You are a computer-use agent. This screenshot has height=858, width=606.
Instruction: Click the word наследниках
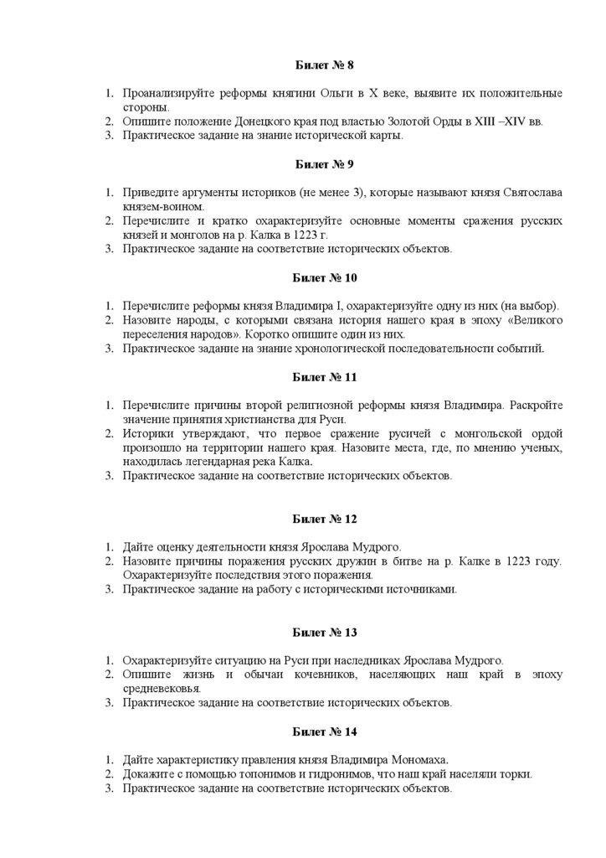click(x=327, y=660)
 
